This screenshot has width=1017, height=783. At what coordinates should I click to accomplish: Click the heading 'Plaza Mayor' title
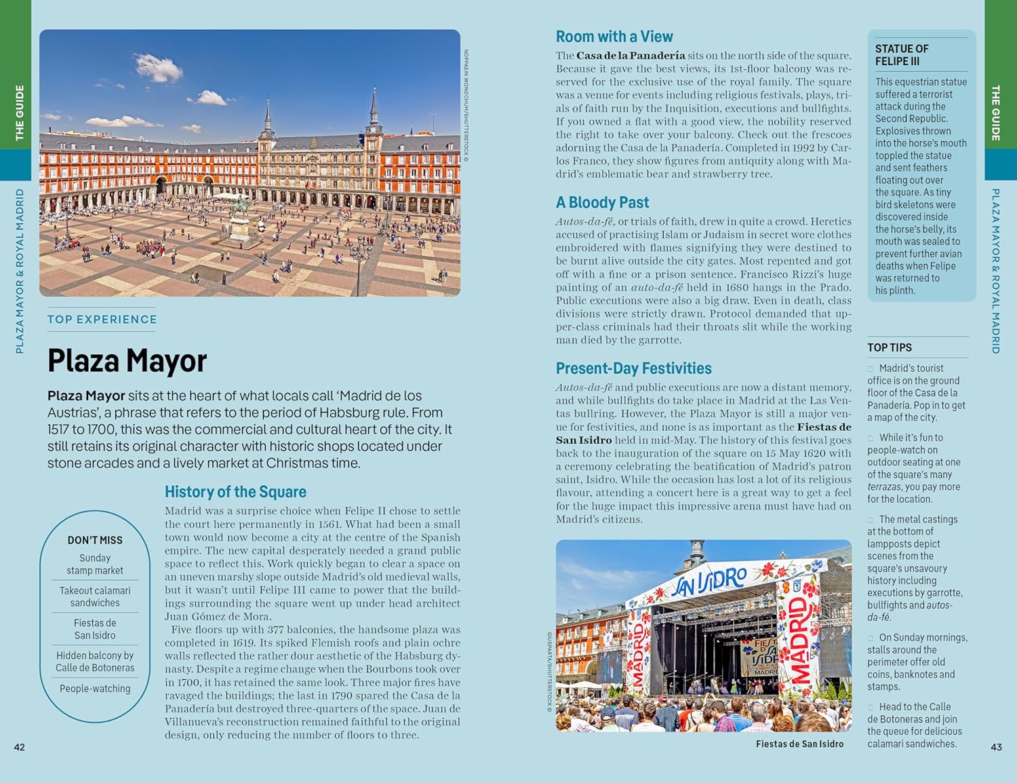point(127,360)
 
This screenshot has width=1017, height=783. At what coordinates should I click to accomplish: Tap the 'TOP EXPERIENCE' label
point(102,320)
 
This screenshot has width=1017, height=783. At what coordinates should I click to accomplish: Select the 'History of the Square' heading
point(235,492)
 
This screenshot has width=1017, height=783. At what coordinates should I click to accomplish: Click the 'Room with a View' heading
point(614,37)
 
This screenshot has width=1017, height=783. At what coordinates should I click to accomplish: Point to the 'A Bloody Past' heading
point(602,202)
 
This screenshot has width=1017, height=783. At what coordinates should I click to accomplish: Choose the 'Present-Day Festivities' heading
point(633,368)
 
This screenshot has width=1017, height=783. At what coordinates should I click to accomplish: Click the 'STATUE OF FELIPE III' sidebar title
point(902,55)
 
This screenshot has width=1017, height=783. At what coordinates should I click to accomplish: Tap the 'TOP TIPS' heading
point(890,347)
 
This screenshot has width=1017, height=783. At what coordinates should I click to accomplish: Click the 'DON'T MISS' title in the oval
point(95,540)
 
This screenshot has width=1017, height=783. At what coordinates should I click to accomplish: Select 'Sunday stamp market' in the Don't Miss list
point(95,565)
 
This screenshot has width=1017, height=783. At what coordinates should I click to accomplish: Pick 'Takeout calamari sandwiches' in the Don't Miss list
point(95,596)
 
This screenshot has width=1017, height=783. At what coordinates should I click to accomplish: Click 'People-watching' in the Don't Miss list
point(95,689)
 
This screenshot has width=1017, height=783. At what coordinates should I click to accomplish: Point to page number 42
point(20,747)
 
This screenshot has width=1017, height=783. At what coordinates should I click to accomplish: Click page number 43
point(996,747)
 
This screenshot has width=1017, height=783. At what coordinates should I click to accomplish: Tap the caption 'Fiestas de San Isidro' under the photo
point(799,744)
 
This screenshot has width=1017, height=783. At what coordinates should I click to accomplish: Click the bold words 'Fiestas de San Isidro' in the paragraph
point(824,427)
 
